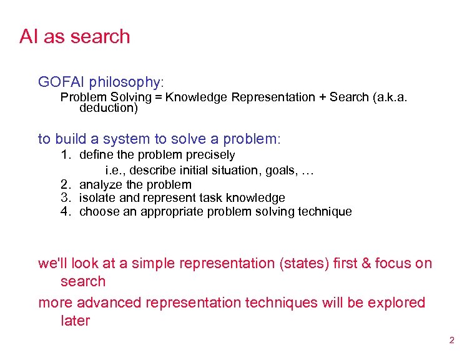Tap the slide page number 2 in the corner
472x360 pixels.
(x=451, y=341)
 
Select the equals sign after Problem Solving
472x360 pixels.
(x=159, y=97)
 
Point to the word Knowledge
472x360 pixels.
(x=195, y=97)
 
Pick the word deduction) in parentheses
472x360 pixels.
(x=109, y=108)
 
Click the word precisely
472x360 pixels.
(x=211, y=154)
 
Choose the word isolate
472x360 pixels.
(x=97, y=198)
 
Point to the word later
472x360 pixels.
(x=75, y=321)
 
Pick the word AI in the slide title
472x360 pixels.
(x=27, y=36)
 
